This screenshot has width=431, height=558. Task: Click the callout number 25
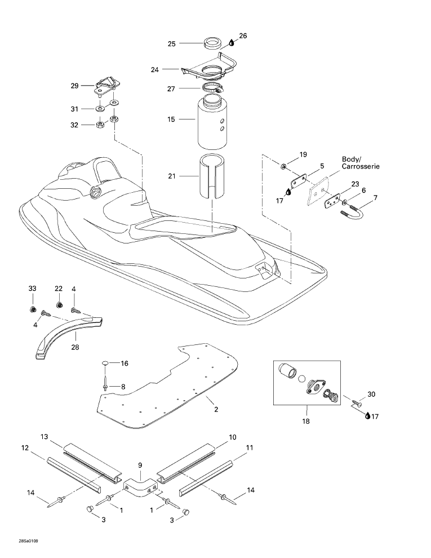[x=172, y=44]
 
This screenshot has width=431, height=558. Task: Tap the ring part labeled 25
[x=212, y=43]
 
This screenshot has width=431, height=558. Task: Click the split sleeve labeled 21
[x=212, y=176]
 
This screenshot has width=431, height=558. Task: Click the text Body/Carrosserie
[x=361, y=163]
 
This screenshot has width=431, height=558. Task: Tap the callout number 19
[x=303, y=154]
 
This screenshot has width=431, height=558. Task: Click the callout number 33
[x=32, y=288]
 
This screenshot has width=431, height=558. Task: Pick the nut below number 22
[x=59, y=305]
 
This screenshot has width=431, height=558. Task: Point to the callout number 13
[x=44, y=437]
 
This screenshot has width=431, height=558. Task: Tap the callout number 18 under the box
[x=306, y=422]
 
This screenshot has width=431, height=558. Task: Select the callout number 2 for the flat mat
[x=216, y=409]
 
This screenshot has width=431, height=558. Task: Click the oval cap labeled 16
[x=105, y=363]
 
